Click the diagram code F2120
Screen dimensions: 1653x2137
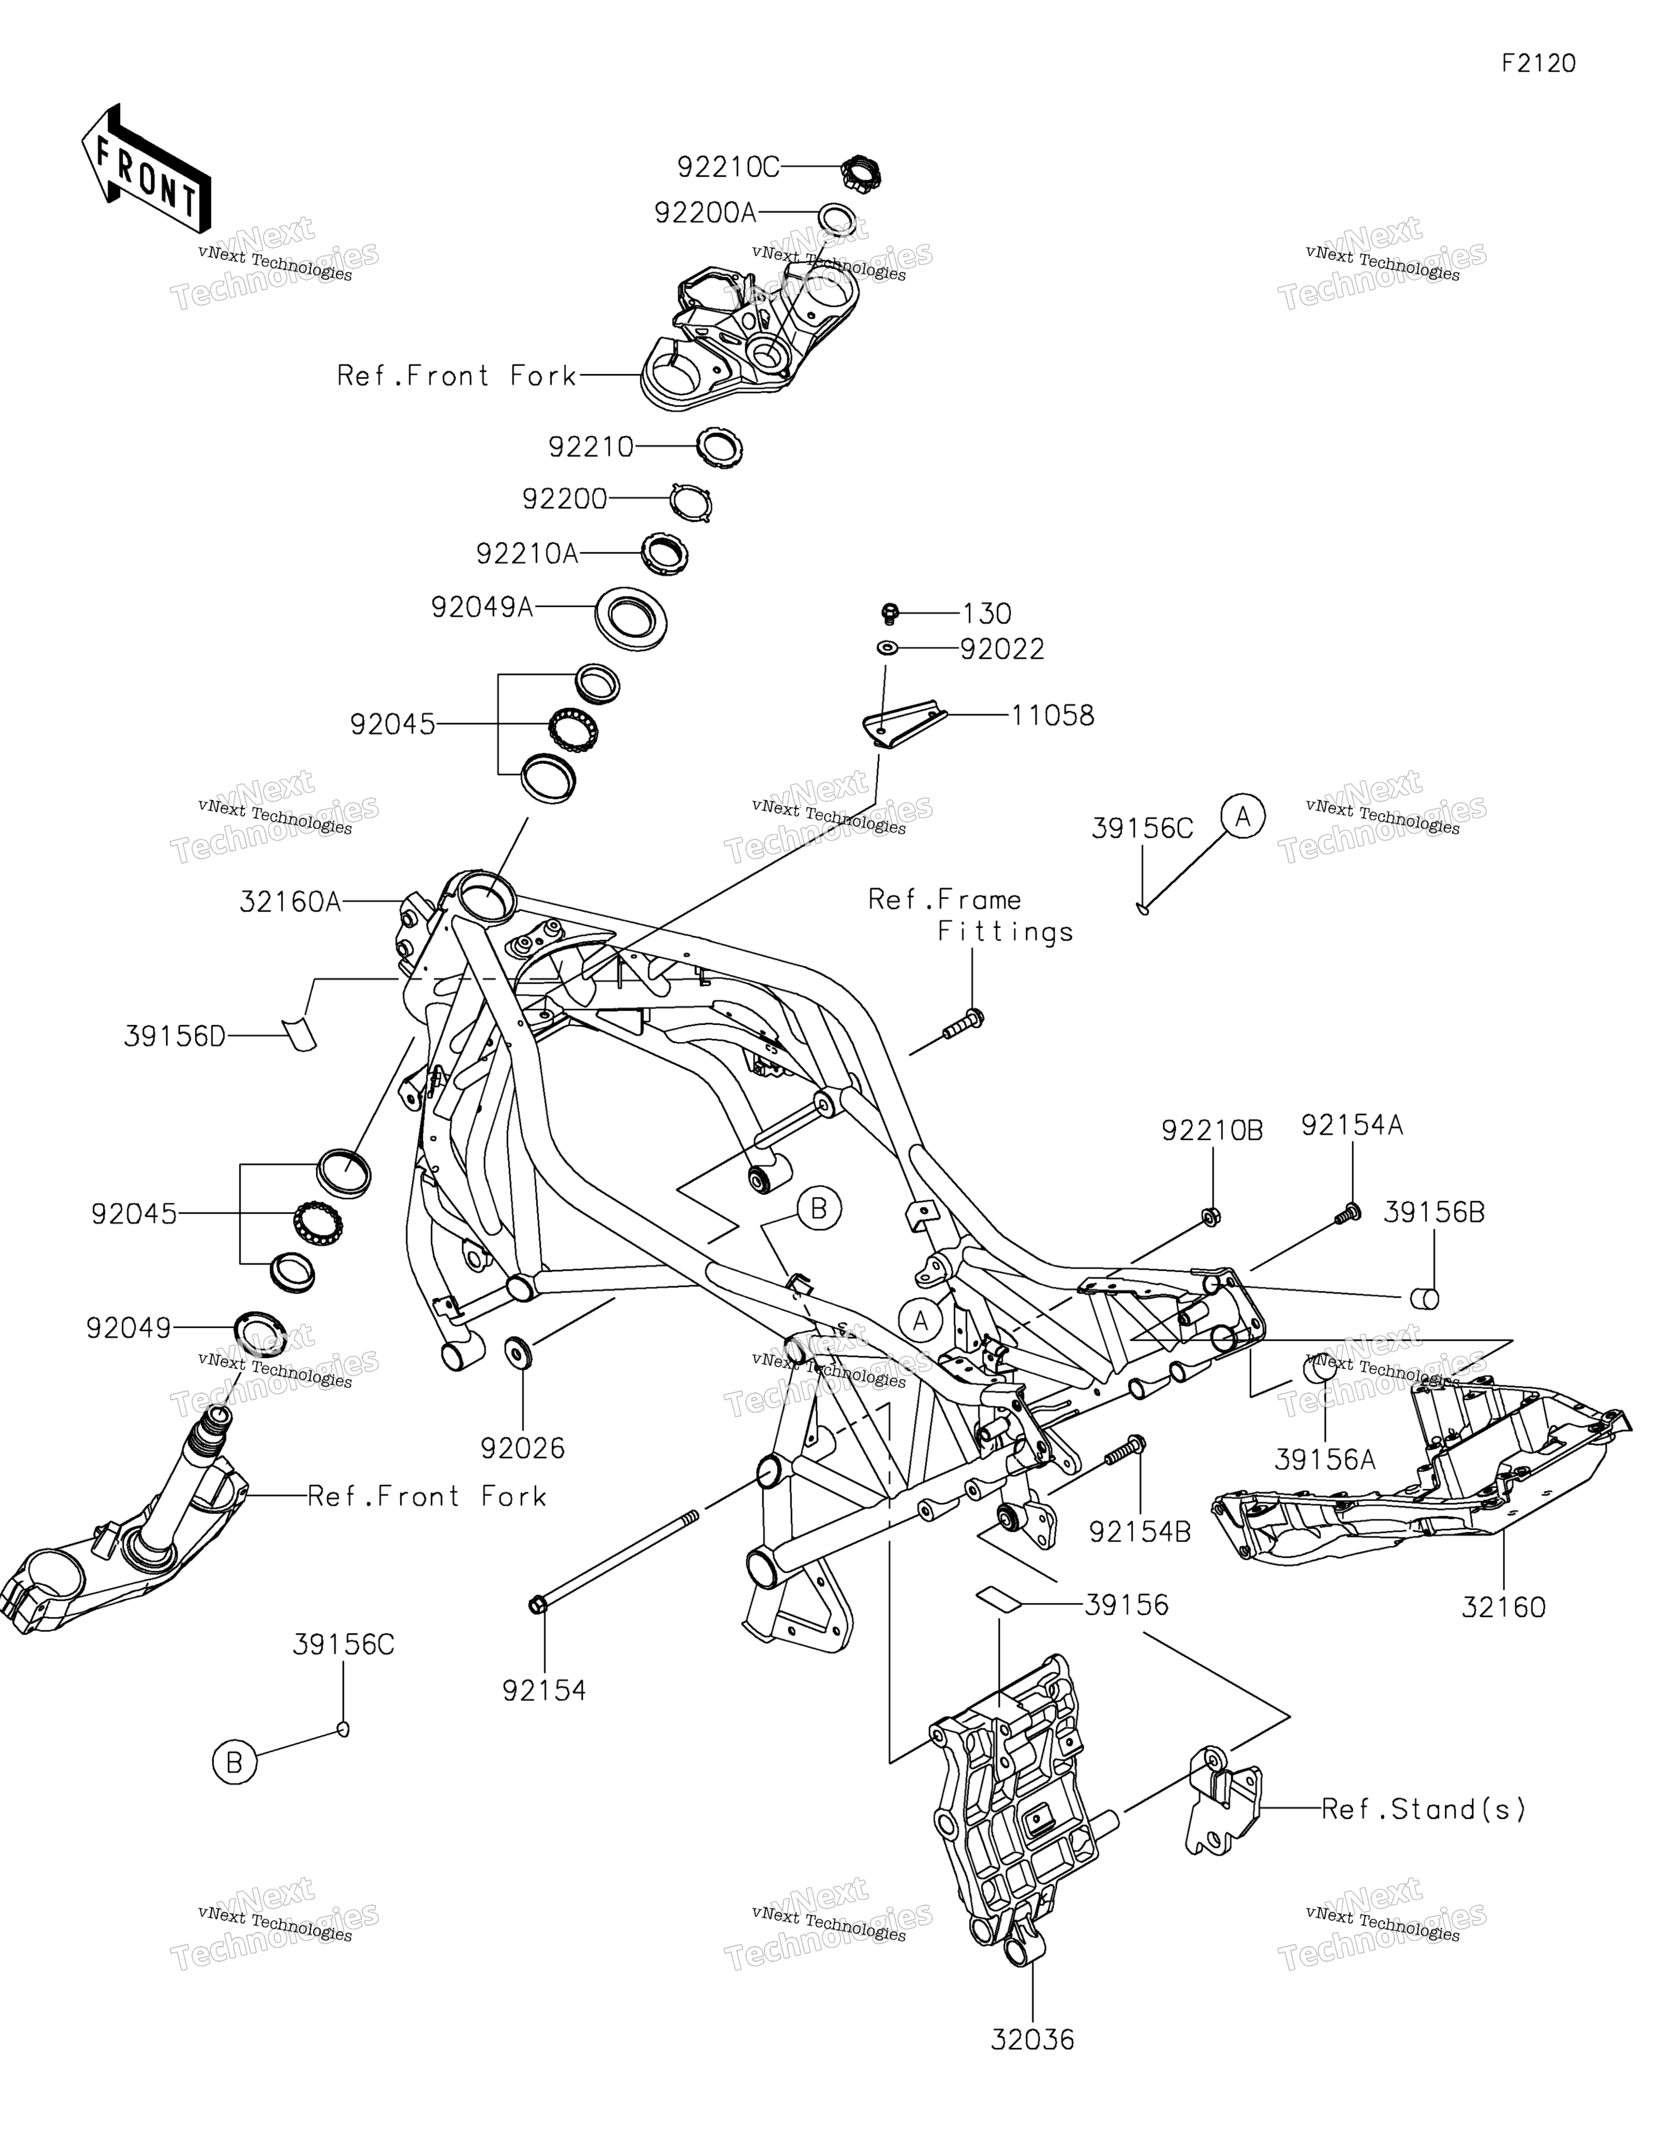coord(1538,64)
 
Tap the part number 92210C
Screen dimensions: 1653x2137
coord(729,167)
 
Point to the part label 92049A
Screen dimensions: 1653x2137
coord(482,608)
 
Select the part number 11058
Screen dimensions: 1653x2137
coord(1052,715)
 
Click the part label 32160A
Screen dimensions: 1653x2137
coord(291,901)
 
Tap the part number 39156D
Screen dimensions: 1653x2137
coord(175,1036)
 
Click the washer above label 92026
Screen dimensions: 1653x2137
coord(518,1351)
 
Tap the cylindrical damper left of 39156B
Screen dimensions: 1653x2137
coord(1423,1299)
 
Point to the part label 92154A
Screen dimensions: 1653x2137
coord(1352,1126)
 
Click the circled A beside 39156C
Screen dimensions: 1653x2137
coord(1243,816)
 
